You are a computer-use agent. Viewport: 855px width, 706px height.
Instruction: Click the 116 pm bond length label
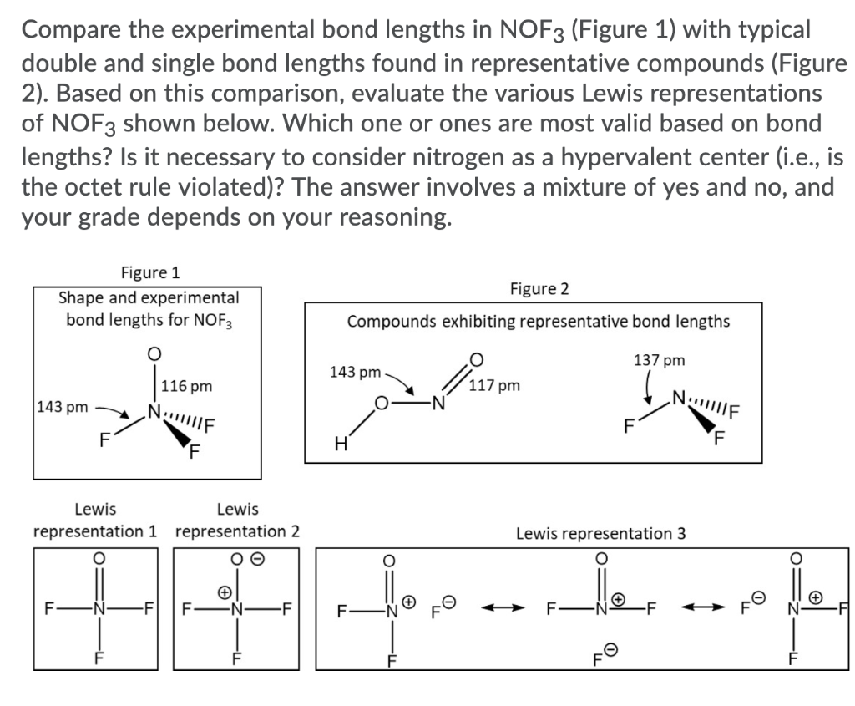click(187, 386)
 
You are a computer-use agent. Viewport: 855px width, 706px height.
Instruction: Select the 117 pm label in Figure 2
click(494, 385)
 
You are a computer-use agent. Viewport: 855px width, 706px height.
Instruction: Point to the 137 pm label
click(659, 360)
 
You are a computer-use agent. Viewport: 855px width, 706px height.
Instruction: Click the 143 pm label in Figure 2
click(355, 371)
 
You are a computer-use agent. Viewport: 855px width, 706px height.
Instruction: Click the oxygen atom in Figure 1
click(154, 353)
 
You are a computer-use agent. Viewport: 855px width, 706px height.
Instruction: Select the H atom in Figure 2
click(341, 443)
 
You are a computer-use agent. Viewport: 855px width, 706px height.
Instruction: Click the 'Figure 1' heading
click(149, 272)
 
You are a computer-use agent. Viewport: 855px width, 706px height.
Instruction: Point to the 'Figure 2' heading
click(539, 289)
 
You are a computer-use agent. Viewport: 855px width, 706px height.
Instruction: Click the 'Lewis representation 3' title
click(600, 532)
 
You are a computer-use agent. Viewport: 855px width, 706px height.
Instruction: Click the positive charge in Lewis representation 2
click(224, 591)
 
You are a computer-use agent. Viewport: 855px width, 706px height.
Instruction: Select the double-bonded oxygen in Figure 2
click(476, 360)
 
